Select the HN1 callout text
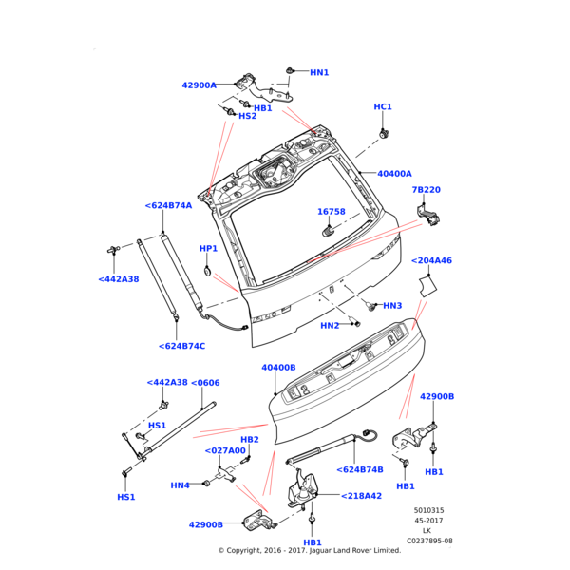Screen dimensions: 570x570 pyautogui.click(x=319, y=72)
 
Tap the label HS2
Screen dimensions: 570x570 pyautogui.click(x=247, y=116)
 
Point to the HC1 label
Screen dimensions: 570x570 pyautogui.click(x=383, y=107)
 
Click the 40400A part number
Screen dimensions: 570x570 pyautogui.click(x=394, y=174)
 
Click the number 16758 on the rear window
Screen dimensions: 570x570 pyautogui.click(x=331, y=212)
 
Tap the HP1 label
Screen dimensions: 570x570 pyautogui.click(x=208, y=249)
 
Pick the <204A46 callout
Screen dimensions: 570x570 pyautogui.click(x=431, y=260)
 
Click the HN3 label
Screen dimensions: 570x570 pyautogui.click(x=392, y=306)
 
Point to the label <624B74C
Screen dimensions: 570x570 pyautogui.click(x=181, y=346)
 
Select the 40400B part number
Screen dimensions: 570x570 pyautogui.click(x=278, y=367)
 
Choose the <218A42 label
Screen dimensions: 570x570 pyautogui.click(x=361, y=495)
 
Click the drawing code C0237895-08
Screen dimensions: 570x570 pyautogui.click(x=429, y=541)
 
